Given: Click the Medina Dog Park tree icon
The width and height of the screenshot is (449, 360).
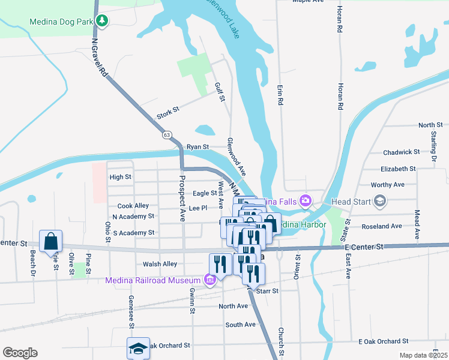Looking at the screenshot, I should tap(102, 22).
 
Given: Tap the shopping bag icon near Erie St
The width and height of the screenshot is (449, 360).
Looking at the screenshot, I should tap(51, 241).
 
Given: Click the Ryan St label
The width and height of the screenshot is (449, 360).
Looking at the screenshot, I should tap(197, 146).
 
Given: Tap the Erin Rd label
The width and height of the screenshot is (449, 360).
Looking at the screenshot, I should tap(280, 95).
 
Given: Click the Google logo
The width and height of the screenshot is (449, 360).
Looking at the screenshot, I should tap(19, 353).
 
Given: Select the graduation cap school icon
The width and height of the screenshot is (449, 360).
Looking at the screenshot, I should tap(138, 347).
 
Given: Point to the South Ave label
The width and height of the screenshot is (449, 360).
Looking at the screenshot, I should tap(240, 325).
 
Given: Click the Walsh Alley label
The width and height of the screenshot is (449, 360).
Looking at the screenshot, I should tap(160, 264).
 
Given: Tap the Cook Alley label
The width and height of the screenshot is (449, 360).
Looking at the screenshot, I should tap(133, 206).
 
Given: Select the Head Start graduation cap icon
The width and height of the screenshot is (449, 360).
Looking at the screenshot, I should tap(379, 200).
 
